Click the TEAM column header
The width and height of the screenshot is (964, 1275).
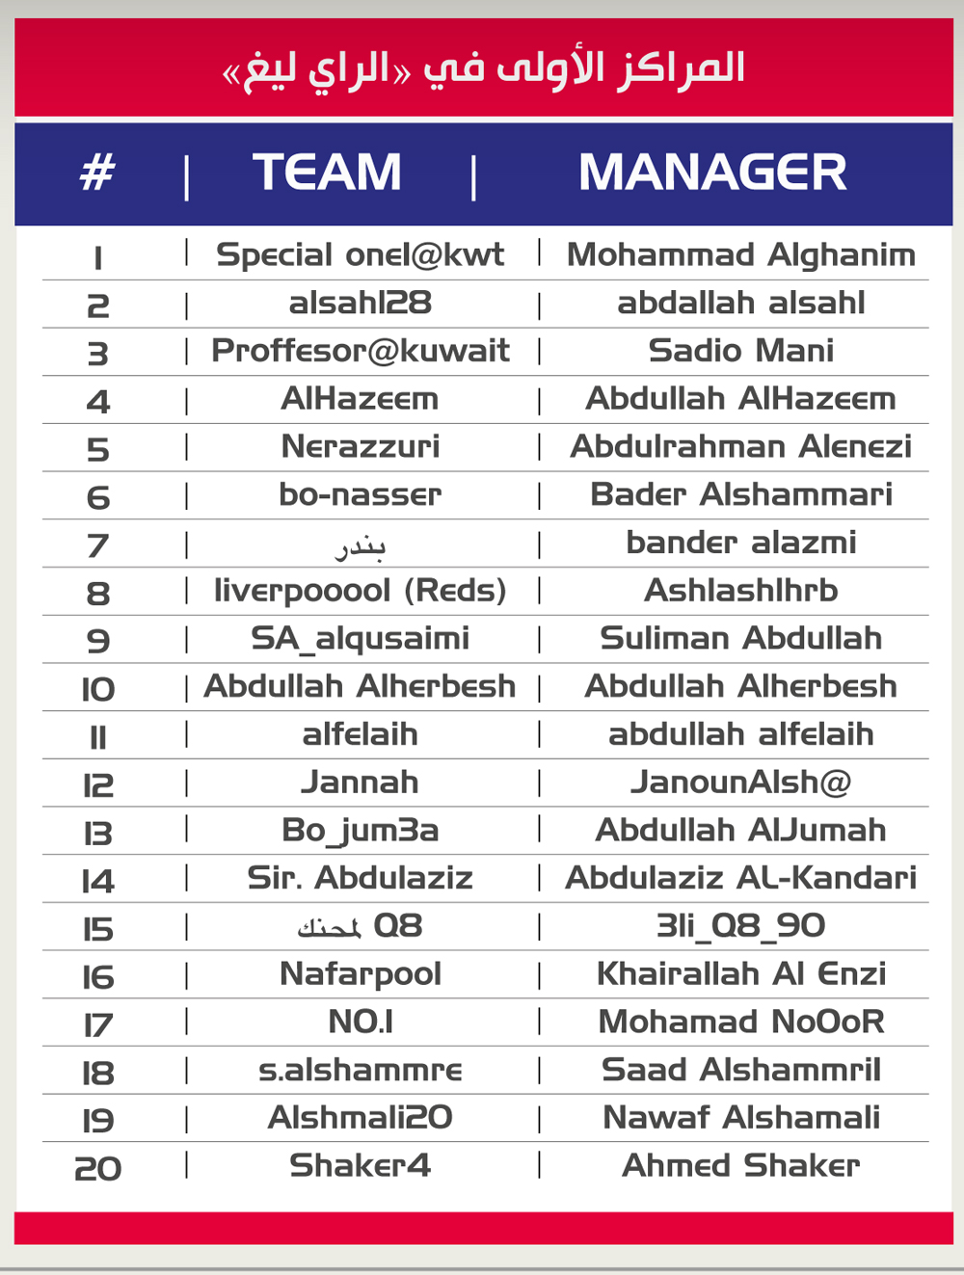(327, 173)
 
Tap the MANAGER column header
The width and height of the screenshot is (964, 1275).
(712, 173)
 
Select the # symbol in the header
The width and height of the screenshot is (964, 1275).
(97, 173)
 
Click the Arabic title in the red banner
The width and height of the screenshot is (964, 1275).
(484, 69)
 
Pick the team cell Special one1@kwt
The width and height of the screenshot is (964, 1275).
(360, 255)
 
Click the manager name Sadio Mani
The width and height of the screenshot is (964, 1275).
(740, 351)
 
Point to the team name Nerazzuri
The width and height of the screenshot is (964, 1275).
(360, 447)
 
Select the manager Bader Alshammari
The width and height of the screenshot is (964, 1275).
(740, 495)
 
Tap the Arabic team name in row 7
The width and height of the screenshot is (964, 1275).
(360, 546)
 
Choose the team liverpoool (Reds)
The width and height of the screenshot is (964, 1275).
(360, 591)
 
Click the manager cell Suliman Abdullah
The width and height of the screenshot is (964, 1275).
(740, 639)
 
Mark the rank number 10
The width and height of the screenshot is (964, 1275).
(97, 690)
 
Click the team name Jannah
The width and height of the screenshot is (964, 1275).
(360, 783)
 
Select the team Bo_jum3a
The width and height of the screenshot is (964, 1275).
(360, 831)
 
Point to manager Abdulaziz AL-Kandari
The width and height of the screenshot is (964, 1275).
(740, 878)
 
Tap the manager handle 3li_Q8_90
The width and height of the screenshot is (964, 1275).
(740, 926)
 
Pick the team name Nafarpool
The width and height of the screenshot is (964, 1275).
(360, 974)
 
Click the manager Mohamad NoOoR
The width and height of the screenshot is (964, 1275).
(740, 1023)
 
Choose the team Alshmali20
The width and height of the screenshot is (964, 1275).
(360, 1118)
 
